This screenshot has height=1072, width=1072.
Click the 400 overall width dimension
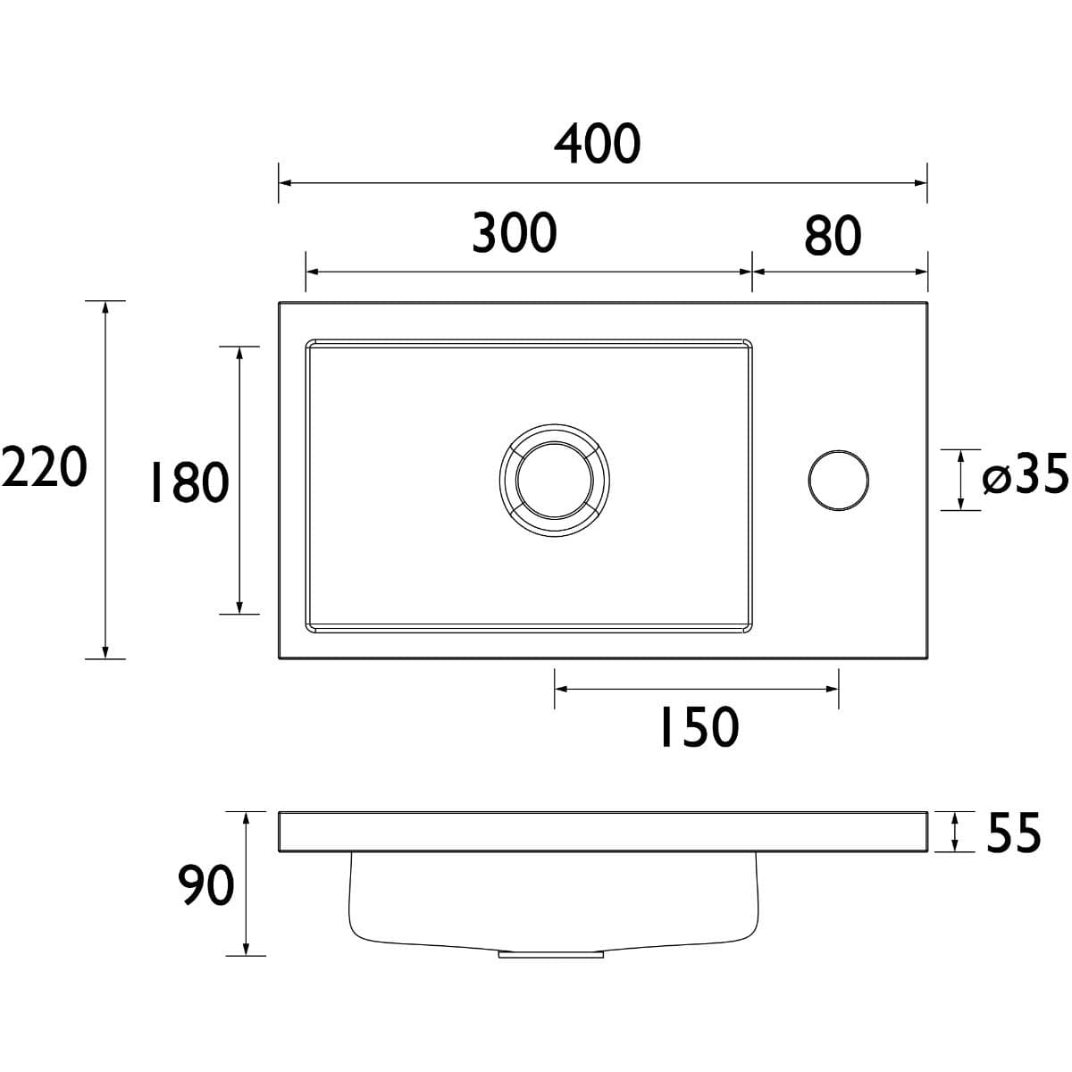(x=597, y=144)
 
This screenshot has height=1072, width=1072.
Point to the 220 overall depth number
(x=44, y=466)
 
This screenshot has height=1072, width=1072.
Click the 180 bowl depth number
(x=189, y=482)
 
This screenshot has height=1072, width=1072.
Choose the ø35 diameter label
(x=1025, y=473)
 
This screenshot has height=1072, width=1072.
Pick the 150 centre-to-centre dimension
(x=699, y=727)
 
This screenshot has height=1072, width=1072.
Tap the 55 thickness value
(x=1013, y=833)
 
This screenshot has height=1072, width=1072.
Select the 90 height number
(x=205, y=884)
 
